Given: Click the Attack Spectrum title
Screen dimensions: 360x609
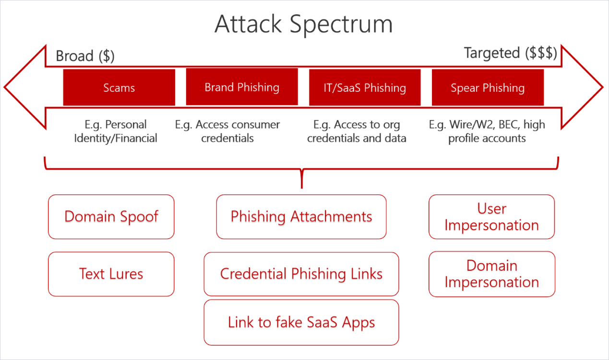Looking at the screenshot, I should [x=303, y=24].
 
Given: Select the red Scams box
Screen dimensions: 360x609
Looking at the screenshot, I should [x=119, y=88].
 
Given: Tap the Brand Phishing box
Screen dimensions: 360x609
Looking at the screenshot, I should [x=242, y=87].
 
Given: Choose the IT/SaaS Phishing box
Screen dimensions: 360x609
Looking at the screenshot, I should [x=365, y=88].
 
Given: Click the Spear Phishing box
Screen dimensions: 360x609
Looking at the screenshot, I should [x=488, y=88].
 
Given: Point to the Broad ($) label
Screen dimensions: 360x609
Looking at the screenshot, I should [x=85, y=56].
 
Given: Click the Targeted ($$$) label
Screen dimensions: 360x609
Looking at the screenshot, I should [x=510, y=53].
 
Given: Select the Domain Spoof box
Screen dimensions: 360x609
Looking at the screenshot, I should [x=111, y=216].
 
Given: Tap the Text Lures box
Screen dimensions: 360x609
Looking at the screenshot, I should [x=111, y=274].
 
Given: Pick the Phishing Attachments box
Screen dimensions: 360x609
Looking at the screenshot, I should [x=301, y=216].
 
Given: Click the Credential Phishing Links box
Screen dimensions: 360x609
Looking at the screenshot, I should [x=301, y=274].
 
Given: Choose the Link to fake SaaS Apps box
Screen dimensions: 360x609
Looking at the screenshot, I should [x=301, y=322].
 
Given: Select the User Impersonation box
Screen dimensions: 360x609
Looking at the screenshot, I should [x=491, y=216].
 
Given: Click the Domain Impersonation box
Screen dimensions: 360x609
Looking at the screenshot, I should [x=491, y=274].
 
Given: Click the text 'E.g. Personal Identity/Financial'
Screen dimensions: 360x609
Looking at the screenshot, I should [x=116, y=132].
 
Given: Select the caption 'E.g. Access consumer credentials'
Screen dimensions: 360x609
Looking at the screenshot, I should [x=227, y=132].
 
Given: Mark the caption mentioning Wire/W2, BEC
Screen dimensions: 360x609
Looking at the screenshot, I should [x=487, y=132].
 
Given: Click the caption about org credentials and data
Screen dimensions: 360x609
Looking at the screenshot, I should [x=357, y=132].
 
